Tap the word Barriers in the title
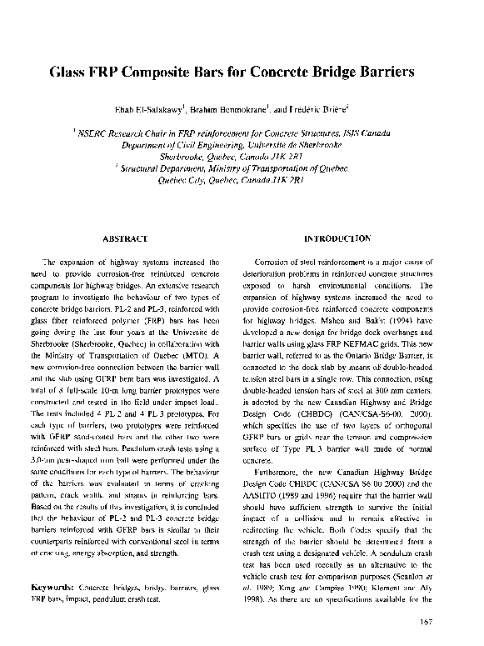pyautogui.click(x=382, y=72)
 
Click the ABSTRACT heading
pyautogui.click(x=125, y=238)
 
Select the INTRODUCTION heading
pyautogui.click(x=339, y=238)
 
